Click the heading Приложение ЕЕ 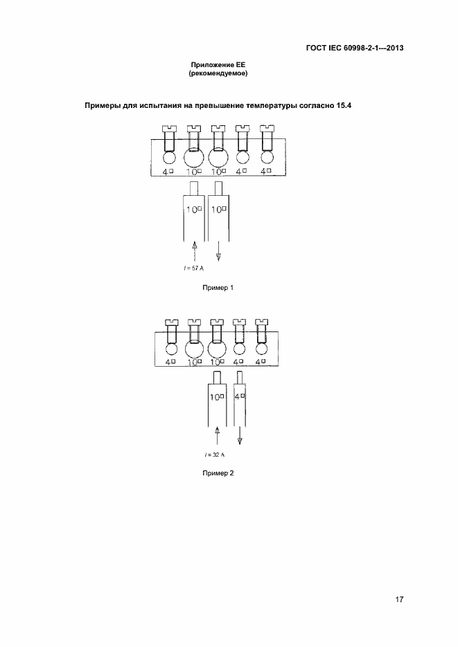(x=218, y=64)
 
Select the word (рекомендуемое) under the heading (x=218, y=73)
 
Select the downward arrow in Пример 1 (x=219, y=251)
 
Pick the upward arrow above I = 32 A (x=217, y=437)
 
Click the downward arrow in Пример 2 (x=240, y=435)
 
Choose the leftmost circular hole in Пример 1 (x=168, y=158)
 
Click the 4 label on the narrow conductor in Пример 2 (x=240, y=397)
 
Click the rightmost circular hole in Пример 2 (x=261, y=349)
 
